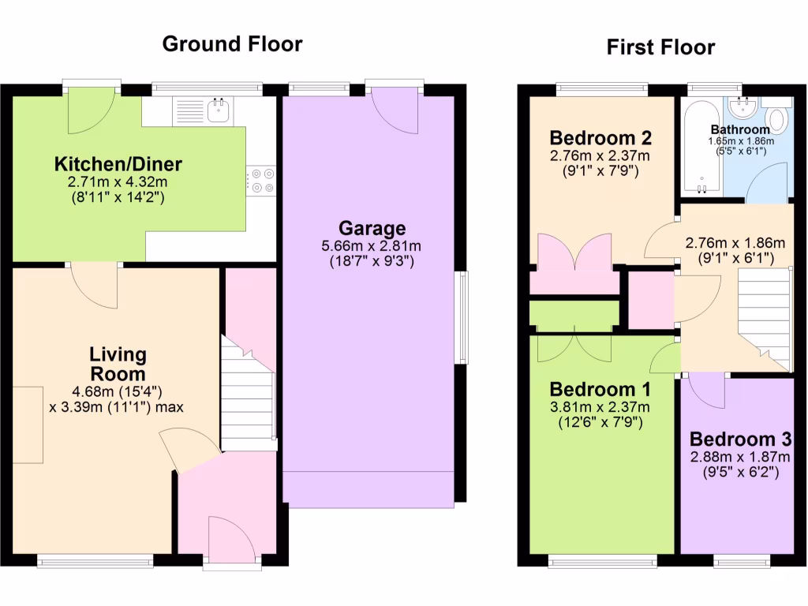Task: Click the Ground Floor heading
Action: (x=232, y=43)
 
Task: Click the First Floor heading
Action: (x=660, y=47)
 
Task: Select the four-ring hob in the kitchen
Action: (x=262, y=181)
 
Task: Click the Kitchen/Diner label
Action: (x=118, y=164)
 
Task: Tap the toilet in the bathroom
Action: (x=777, y=119)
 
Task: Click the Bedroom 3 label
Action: (x=740, y=440)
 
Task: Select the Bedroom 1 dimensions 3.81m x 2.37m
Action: (x=600, y=408)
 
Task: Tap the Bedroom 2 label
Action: (x=600, y=137)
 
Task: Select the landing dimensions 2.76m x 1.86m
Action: (x=735, y=242)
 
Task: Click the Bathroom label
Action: (x=739, y=129)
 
